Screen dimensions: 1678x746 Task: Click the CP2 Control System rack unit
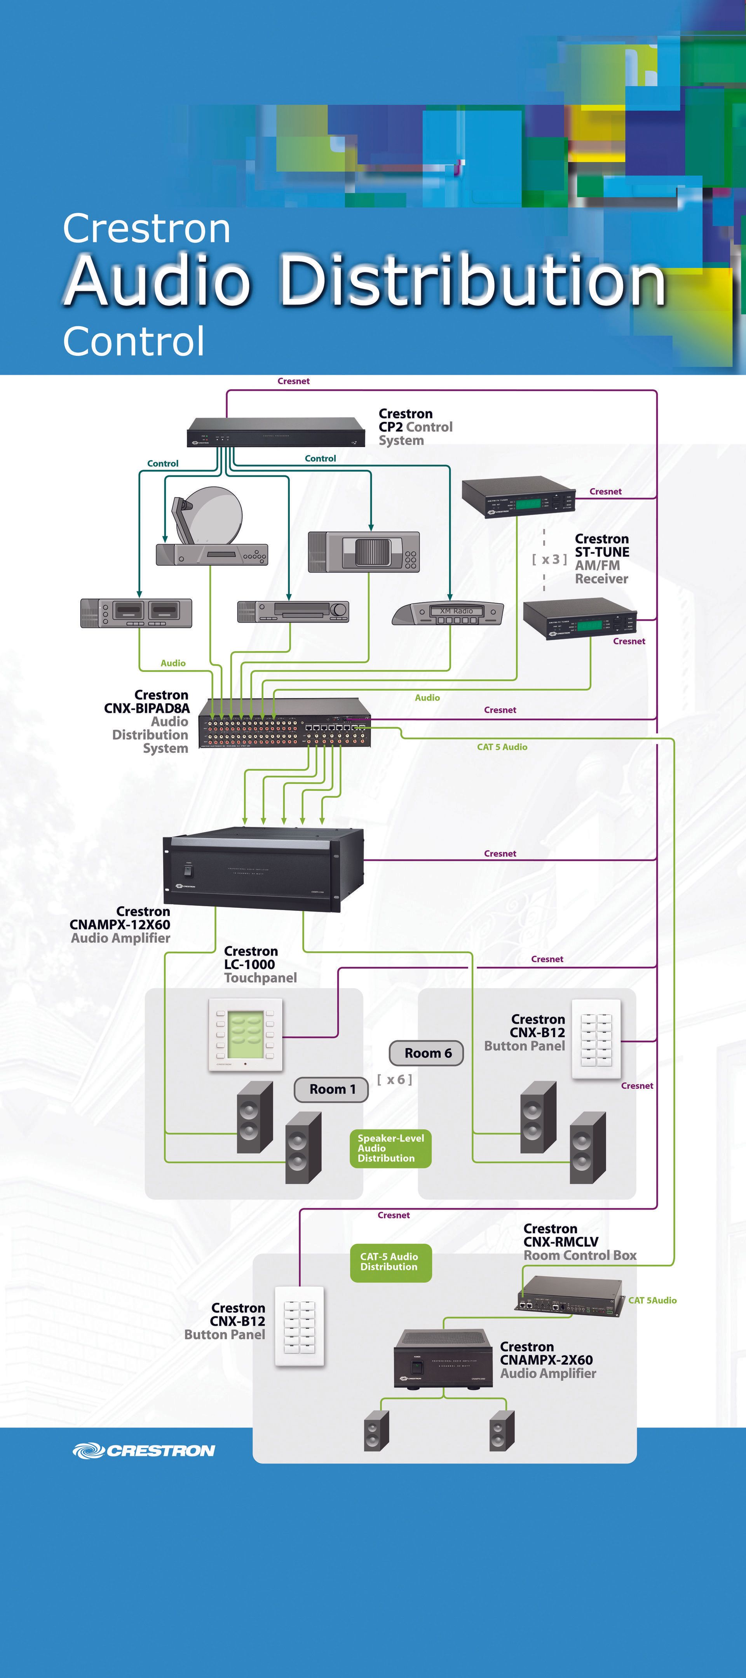point(275,432)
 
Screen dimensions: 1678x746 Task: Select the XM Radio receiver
point(448,614)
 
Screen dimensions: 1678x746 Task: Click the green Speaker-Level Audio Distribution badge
point(390,1148)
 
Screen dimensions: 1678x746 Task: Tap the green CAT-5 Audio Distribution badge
point(390,1262)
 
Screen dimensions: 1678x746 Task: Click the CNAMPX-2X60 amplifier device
point(443,1359)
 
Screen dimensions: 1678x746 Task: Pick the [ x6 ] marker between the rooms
point(395,1079)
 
